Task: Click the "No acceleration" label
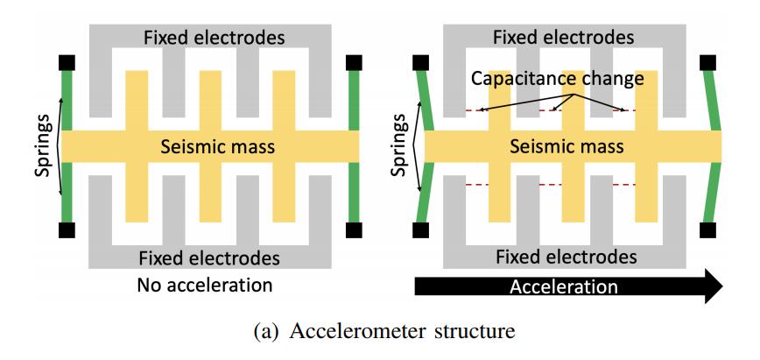point(204,285)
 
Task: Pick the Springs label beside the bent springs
point(403,146)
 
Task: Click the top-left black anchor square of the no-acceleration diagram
point(67,63)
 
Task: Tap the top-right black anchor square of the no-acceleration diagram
point(355,63)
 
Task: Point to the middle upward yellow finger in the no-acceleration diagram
point(211,101)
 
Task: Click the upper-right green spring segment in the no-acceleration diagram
point(355,101)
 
